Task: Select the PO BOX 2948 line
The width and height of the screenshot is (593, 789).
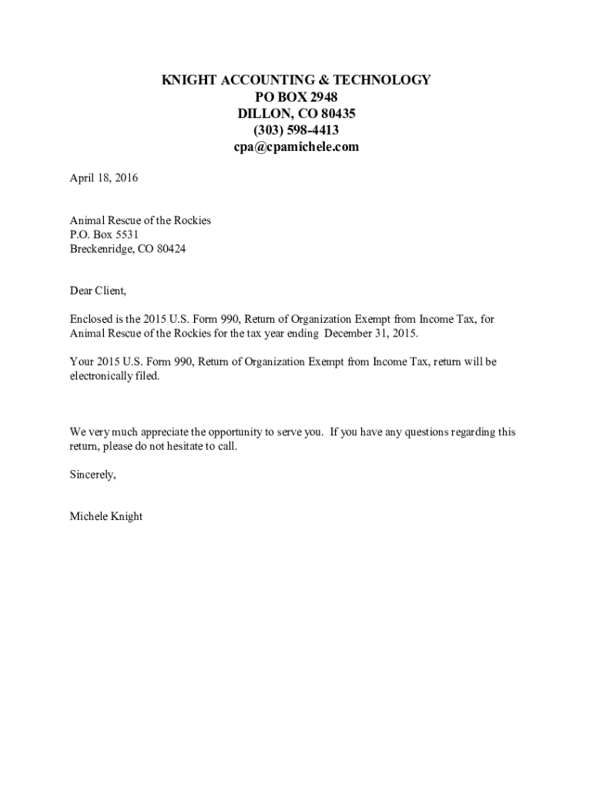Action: (x=296, y=97)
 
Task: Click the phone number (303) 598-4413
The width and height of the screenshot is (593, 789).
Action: (x=296, y=130)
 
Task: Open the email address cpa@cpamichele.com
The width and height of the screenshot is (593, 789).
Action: (x=296, y=147)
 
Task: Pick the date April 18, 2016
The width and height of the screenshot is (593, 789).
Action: (x=104, y=179)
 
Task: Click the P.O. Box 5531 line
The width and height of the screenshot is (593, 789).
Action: (x=104, y=235)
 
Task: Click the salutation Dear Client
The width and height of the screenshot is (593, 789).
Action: (x=98, y=291)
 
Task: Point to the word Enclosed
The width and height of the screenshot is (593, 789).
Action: (x=92, y=320)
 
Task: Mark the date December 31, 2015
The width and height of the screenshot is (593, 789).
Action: (x=371, y=334)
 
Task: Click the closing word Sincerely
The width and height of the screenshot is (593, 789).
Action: (x=93, y=475)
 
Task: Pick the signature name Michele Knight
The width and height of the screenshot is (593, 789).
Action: (x=106, y=517)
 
